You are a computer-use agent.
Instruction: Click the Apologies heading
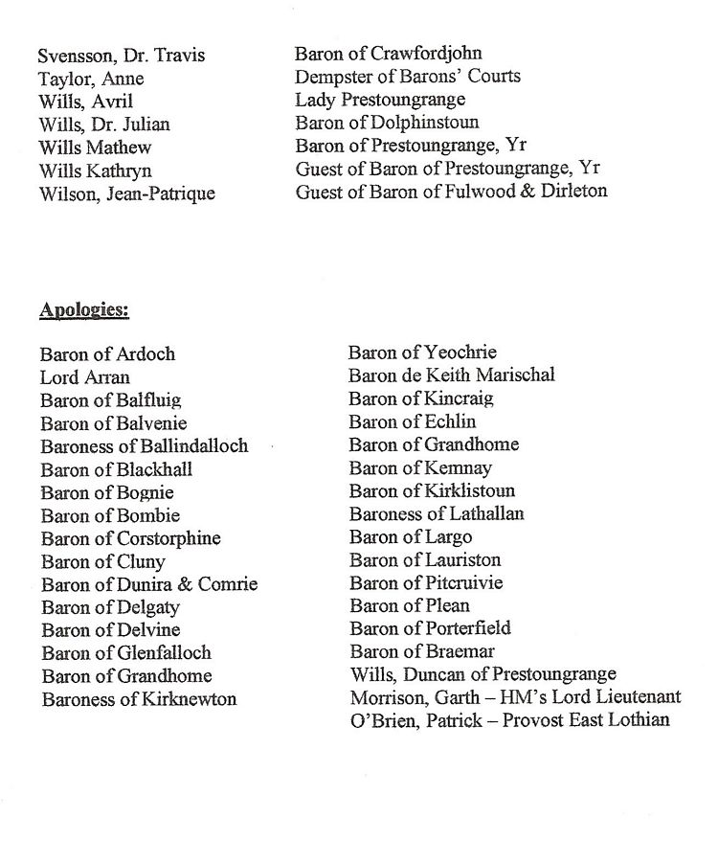click(84, 310)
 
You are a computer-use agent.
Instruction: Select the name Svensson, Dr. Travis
click(122, 56)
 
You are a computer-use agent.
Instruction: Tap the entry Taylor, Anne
click(91, 79)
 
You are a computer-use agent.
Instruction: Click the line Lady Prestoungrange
click(380, 101)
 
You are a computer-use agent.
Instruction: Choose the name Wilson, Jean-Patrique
click(126, 193)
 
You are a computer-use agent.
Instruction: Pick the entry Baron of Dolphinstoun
click(387, 124)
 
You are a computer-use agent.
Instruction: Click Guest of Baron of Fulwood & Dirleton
click(451, 193)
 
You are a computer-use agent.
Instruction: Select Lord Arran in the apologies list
click(85, 377)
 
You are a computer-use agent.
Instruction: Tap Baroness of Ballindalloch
click(145, 446)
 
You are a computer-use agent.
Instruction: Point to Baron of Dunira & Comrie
click(149, 584)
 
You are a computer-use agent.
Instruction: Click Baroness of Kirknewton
click(139, 699)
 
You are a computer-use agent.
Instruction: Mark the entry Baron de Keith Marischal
click(452, 375)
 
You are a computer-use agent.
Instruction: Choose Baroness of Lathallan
click(437, 514)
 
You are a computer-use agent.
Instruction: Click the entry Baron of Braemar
click(421, 652)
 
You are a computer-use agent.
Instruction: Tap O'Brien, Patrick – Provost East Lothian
click(510, 721)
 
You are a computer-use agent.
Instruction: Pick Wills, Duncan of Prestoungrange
click(483, 675)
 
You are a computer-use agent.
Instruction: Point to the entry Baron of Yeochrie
click(423, 352)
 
